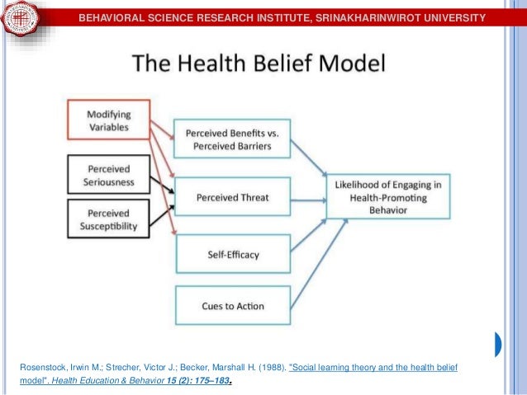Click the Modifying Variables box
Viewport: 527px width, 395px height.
(x=110, y=120)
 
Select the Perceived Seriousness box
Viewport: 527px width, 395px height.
(x=110, y=173)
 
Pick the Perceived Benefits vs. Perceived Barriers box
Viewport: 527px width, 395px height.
(x=231, y=140)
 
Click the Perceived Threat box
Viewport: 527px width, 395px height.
(x=231, y=198)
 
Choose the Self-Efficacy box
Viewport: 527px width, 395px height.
(x=232, y=254)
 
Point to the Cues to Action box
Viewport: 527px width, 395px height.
(x=232, y=306)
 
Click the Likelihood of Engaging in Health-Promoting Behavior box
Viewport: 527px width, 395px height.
(x=389, y=198)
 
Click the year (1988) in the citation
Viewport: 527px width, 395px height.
(x=273, y=364)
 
